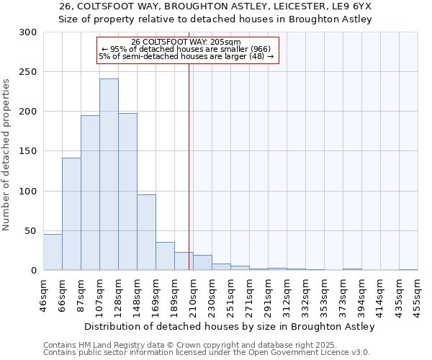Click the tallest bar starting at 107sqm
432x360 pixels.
(x=109, y=174)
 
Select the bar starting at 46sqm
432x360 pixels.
(x=53, y=252)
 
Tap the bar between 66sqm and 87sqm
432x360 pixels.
(x=71, y=214)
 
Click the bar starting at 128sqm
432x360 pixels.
(x=127, y=192)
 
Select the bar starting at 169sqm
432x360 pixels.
(x=165, y=256)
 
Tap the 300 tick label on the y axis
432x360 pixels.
(x=28, y=32)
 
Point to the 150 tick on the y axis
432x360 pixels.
(x=28, y=151)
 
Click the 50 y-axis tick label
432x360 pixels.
(x=31, y=230)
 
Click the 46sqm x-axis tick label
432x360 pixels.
(x=43, y=292)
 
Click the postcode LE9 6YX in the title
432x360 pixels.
(x=351, y=6)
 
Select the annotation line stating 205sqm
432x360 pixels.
(x=187, y=42)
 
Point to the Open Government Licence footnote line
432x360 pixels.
(x=206, y=352)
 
